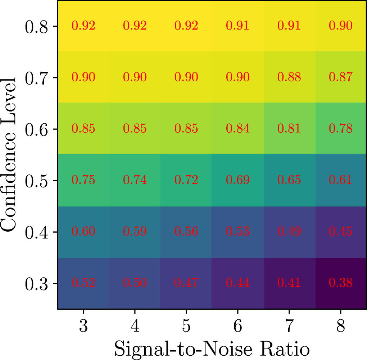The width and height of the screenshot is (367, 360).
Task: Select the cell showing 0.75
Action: click(x=83, y=180)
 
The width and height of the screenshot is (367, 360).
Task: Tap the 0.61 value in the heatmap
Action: click(x=341, y=180)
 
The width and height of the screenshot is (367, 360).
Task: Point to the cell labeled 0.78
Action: click(x=341, y=129)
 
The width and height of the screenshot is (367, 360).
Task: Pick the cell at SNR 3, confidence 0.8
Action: click(x=83, y=26)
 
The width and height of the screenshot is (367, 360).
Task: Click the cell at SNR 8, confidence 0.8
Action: click(x=341, y=26)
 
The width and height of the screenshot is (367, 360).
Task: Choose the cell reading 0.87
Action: click(x=341, y=77)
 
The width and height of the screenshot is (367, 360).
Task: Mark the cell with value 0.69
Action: click(x=238, y=180)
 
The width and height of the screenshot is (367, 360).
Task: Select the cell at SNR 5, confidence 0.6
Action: click(x=186, y=129)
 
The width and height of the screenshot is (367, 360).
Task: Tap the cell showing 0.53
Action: click(x=238, y=232)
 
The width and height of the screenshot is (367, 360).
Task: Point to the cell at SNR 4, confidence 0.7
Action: click(x=135, y=77)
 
